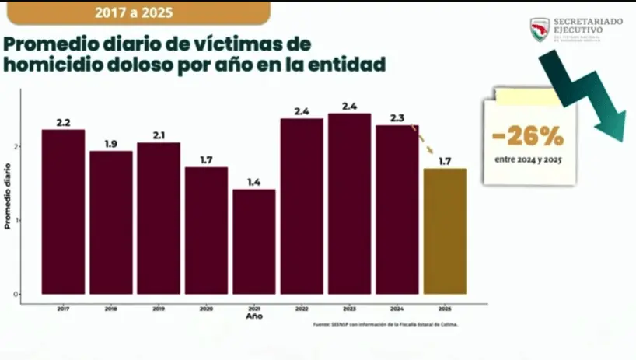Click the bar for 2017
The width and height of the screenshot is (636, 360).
coord(63,211)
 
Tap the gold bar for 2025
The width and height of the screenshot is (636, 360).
coord(445,231)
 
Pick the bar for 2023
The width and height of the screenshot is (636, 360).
coord(349,204)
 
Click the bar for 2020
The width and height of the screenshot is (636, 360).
coord(206,230)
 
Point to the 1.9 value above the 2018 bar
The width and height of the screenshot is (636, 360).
coord(110,144)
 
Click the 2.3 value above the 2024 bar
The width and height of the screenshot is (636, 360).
coord(397,118)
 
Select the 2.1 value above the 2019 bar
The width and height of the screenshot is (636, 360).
coord(159,135)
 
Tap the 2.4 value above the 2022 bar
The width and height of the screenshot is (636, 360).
coord(302,111)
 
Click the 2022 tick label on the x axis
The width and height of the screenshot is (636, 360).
coord(302,308)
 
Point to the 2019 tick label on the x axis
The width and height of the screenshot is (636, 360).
coord(159,308)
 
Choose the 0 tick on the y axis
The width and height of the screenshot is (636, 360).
coord(16,294)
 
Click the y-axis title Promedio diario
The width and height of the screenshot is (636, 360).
coord(7,195)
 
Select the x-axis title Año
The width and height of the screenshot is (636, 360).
coord(254,317)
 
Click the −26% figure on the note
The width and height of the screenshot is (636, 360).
coord(528,137)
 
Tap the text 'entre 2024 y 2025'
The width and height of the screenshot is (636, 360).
coord(528,160)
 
